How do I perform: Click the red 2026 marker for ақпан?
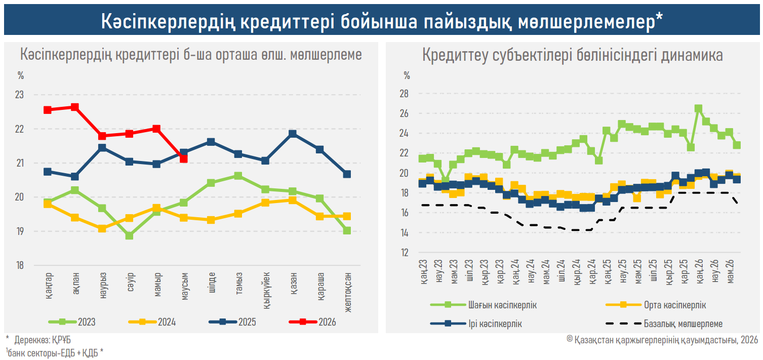74,107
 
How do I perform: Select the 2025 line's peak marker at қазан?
292,134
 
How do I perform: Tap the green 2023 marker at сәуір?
129,235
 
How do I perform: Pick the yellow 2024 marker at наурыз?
102,228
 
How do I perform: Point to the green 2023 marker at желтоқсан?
347,230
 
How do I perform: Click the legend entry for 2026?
312,322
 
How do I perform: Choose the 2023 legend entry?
72,322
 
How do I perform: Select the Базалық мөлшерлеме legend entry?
664,324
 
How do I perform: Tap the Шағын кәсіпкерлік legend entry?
484,305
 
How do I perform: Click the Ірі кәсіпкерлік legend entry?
476,324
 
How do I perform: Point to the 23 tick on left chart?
19,95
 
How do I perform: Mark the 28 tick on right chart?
404,94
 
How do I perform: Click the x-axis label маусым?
184,286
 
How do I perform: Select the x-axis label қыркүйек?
266,291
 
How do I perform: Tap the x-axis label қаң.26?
700,272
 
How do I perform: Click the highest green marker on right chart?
698,109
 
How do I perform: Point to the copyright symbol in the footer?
570,339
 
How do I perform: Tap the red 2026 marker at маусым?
184,158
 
